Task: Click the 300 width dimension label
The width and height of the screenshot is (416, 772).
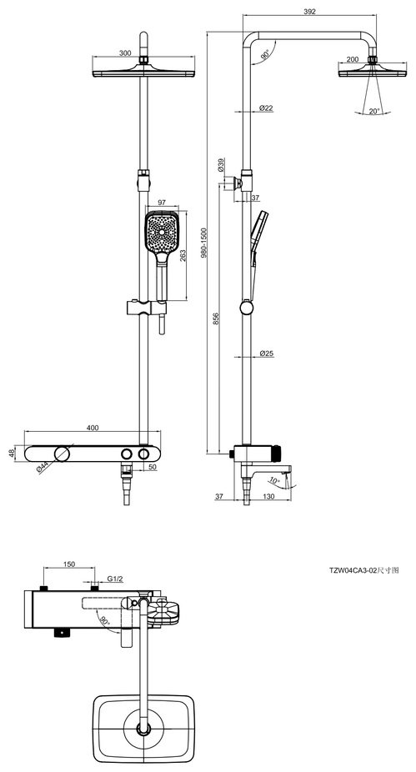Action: pyautogui.click(x=126, y=53)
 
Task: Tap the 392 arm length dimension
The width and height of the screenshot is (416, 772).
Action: pyautogui.click(x=309, y=12)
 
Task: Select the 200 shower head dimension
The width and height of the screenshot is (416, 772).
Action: pyautogui.click(x=352, y=59)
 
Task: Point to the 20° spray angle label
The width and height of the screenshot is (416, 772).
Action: pyautogui.click(x=373, y=111)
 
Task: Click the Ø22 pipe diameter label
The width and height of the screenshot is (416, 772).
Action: pyautogui.click(x=266, y=108)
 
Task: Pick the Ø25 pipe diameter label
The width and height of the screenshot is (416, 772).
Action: pyautogui.click(x=266, y=353)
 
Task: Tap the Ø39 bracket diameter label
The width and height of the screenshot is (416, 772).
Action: pyautogui.click(x=221, y=164)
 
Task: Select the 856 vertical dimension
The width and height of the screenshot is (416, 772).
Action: pyautogui.click(x=216, y=318)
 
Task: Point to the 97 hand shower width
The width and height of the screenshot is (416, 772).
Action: pyautogui.click(x=162, y=203)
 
